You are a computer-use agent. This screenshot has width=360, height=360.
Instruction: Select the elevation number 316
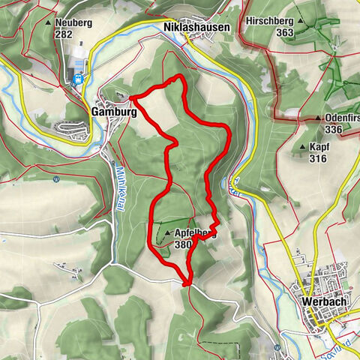319,158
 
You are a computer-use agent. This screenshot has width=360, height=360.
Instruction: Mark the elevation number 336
334,130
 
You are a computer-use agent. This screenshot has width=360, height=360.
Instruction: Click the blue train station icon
77,77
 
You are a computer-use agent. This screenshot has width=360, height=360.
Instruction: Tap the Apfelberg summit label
196,233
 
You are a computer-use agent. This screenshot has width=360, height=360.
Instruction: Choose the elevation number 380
182,244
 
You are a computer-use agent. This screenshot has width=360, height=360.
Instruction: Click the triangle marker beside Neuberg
49,23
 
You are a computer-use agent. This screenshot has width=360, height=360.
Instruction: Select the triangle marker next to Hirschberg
300,33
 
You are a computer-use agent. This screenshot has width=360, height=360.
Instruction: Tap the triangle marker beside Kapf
304,148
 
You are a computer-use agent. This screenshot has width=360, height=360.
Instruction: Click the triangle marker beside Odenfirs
319,118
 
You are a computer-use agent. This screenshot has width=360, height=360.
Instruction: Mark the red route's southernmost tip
186,284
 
